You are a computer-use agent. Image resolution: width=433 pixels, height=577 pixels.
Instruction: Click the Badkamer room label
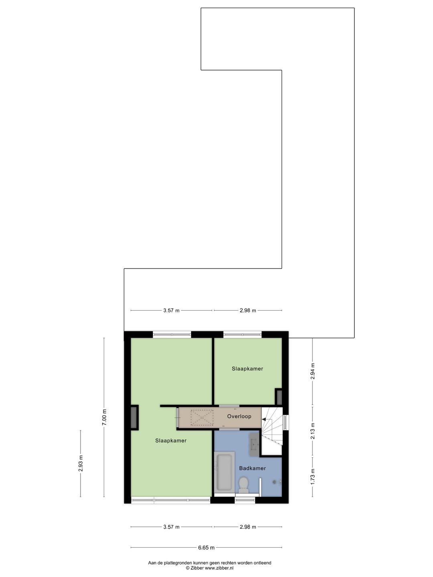tap(252, 468)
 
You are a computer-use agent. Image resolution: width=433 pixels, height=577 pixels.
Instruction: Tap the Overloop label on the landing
tap(239, 416)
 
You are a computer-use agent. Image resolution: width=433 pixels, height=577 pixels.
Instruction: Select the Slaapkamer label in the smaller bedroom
tap(247, 369)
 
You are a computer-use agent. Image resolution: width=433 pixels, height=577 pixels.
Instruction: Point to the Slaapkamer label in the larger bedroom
tap(171, 440)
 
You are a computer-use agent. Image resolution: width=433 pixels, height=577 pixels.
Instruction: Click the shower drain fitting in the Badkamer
tap(275, 482)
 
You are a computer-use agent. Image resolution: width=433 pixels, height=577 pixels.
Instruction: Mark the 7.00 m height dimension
tap(105, 417)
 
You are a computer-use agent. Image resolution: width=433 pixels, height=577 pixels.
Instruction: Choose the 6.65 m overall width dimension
tap(206, 548)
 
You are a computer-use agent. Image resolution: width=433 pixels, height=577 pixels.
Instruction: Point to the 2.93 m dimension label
tap(81, 463)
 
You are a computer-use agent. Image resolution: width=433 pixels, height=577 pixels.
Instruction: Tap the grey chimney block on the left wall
tap(134, 418)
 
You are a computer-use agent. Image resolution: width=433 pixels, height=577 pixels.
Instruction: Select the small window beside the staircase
tap(285, 422)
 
